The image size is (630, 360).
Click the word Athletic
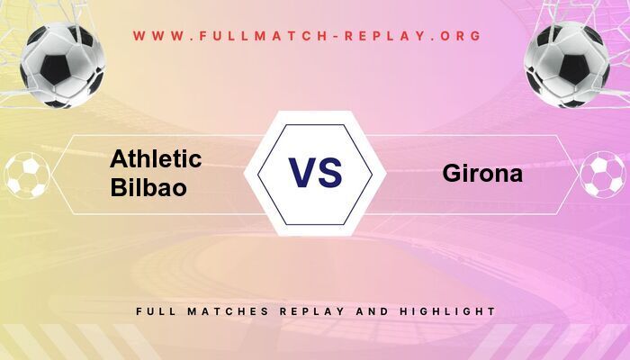pyautogui.click(x=156, y=160)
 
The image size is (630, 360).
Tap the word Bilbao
pyautogui.click(x=148, y=188)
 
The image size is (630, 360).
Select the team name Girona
pyautogui.click(x=482, y=174)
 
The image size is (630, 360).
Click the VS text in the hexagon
pyautogui.click(x=315, y=173)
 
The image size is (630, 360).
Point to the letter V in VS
pyautogui.click(x=301, y=173)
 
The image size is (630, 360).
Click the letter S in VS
pyautogui.click(x=329, y=173)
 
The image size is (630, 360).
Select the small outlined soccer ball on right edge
pyautogui.click(x=603, y=175)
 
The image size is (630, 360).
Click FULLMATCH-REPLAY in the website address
pyautogui.click(x=306, y=36)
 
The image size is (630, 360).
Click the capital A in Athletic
pyautogui.click(x=120, y=160)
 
